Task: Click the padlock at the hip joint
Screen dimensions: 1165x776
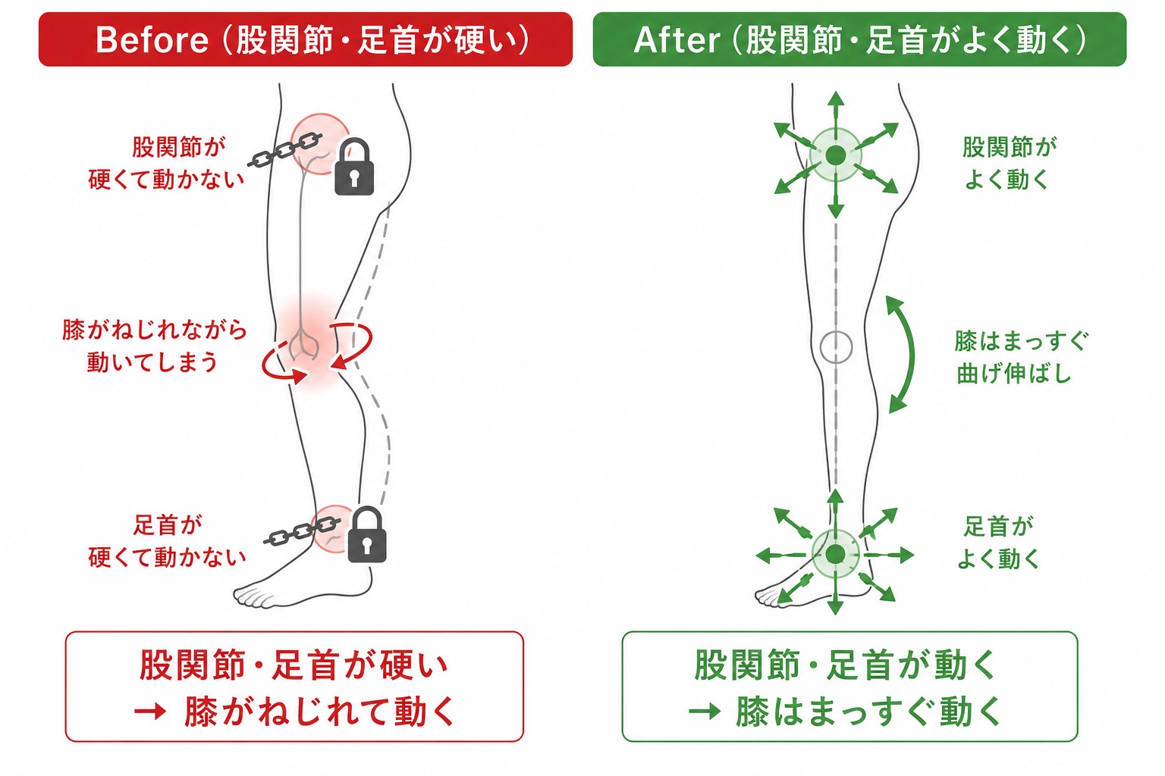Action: click(x=353, y=167)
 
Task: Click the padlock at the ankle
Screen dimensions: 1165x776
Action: click(x=366, y=534)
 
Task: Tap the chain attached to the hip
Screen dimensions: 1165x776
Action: click(x=284, y=150)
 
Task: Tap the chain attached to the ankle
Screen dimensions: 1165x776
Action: click(x=302, y=531)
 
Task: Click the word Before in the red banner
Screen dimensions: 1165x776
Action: click(x=152, y=40)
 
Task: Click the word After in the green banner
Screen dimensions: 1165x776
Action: click(x=677, y=40)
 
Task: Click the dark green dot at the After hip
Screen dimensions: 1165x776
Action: click(x=836, y=155)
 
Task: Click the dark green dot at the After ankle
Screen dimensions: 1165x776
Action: click(x=835, y=554)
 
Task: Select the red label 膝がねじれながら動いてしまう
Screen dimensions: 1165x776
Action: click(x=154, y=346)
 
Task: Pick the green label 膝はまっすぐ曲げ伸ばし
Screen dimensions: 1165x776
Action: click(x=1021, y=357)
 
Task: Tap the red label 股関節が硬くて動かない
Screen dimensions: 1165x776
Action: click(x=166, y=163)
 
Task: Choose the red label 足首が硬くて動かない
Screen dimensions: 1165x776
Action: click(x=167, y=541)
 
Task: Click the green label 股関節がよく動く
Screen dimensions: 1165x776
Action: click(x=1009, y=163)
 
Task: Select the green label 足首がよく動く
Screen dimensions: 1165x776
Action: click(x=999, y=543)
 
